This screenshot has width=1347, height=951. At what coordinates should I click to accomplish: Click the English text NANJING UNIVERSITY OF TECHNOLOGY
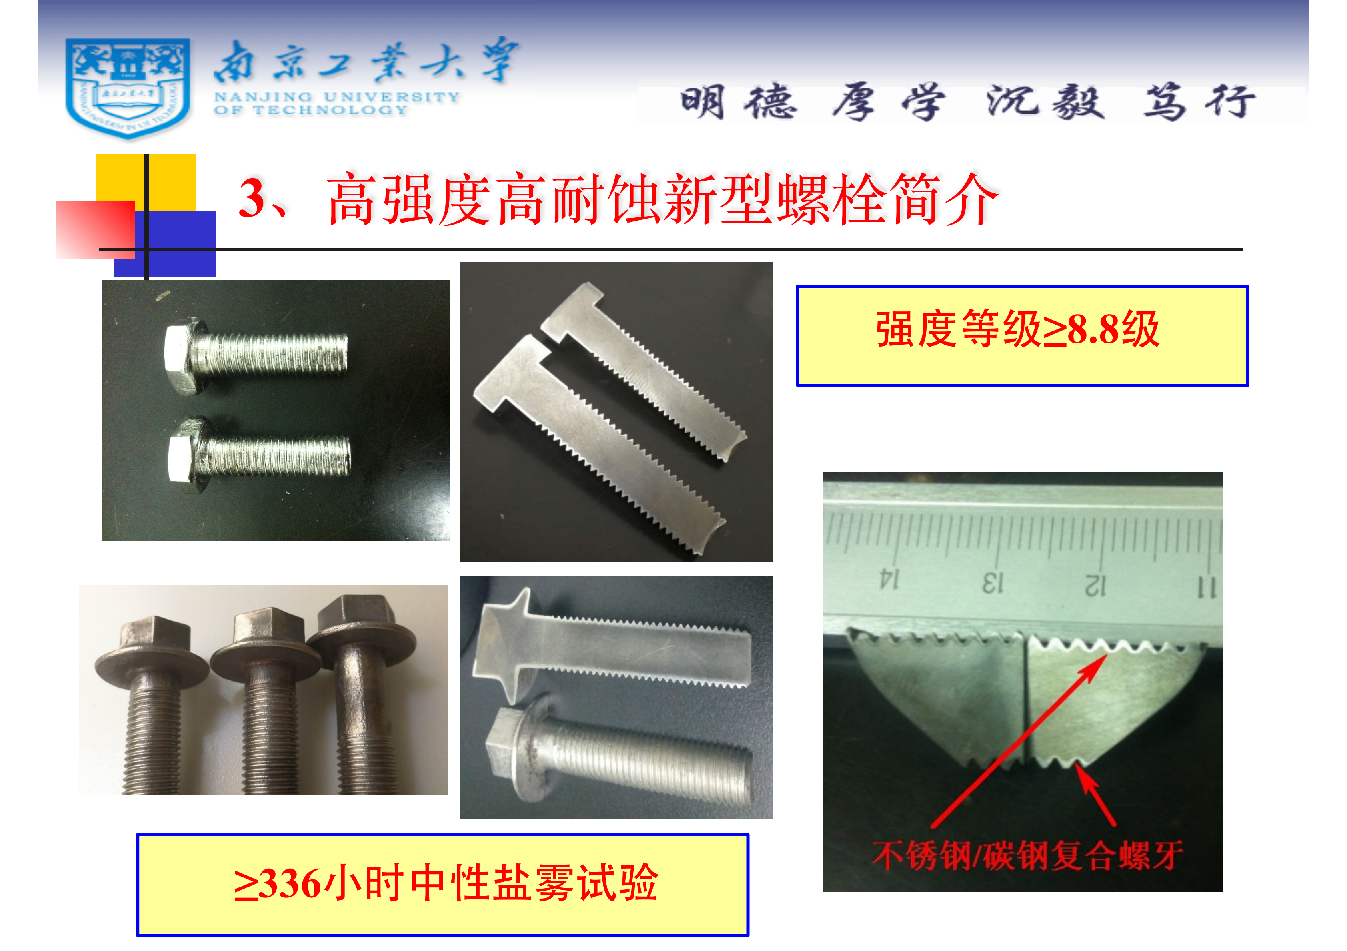(336, 103)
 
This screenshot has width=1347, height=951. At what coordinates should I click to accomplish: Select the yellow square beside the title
(146, 182)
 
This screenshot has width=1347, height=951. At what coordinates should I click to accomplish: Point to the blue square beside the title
(165, 243)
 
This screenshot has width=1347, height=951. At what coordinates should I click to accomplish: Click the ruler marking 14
(889, 579)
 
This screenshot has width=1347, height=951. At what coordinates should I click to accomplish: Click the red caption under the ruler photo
(1027, 855)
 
